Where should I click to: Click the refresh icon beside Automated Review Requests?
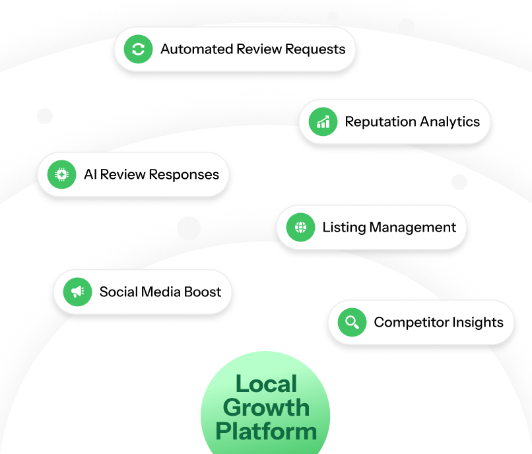pyautogui.click(x=138, y=49)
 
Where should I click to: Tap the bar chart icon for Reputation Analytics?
pyautogui.click(x=323, y=121)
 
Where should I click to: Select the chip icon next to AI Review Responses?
pyautogui.click(x=61, y=174)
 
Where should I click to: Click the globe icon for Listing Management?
pyautogui.click(x=300, y=227)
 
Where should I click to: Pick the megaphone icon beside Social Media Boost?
pyautogui.click(x=77, y=292)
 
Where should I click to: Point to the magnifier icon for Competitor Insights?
pyautogui.click(x=352, y=322)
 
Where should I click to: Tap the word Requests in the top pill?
pyautogui.click(x=312, y=49)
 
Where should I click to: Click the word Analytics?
pyautogui.click(x=449, y=122)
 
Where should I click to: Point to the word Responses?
pyautogui.click(x=184, y=175)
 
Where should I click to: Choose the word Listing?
pyautogui.click(x=344, y=228)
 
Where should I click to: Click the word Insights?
pyautogui.click(x=478, y=323)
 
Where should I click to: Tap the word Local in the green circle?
pyautogui.click(x=266, y=384)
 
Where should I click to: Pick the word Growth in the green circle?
pyautogui.click(x=266, y=407)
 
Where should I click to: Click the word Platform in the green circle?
pyautogui.click(x=266, y=431)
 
